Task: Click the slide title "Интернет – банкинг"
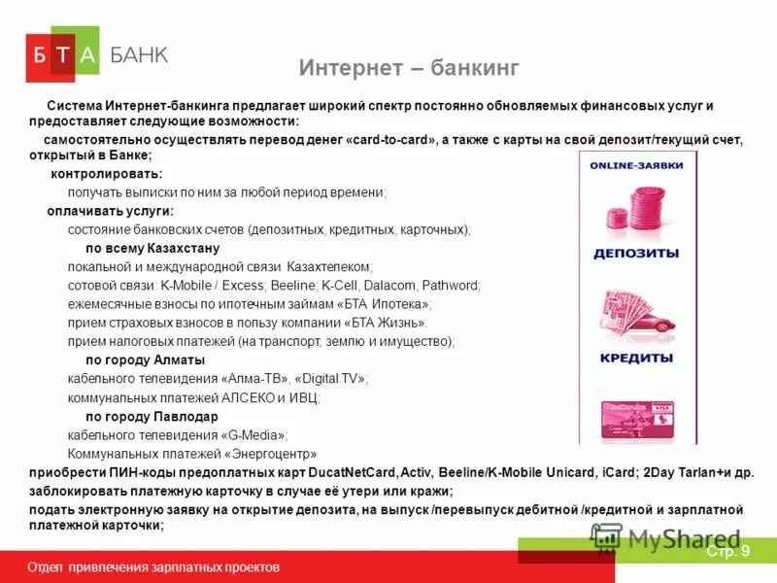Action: pyautogui.click(x=409, y=68)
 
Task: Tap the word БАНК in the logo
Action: pyautogui.click(x=139, y=55)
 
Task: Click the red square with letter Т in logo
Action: pyautogui.click(x=62, y=56)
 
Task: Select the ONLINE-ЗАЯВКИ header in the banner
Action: pyautogui.click(x=636, y=165)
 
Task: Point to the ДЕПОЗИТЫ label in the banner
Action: pyautogui.click(x=636, y=254)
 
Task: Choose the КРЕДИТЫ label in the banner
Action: pyautogui.click(x=636, y=358)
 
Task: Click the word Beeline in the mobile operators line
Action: pyautogui.click(x=293, y=286)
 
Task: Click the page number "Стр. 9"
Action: pyautogui.click(x=727, y=552)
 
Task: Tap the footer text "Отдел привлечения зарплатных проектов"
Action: pyautogui.click(x=153, y=566)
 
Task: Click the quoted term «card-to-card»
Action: pyautogui.click(x=391, y=140)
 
